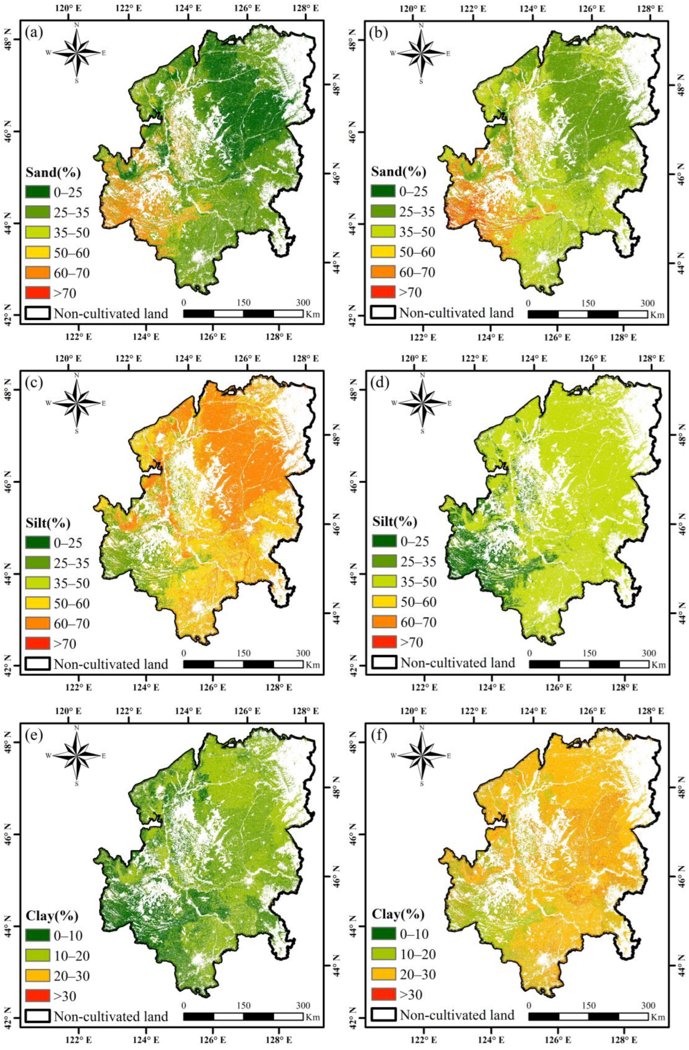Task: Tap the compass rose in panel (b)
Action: coord(421,53)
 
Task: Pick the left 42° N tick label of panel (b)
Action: coord(352,316)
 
